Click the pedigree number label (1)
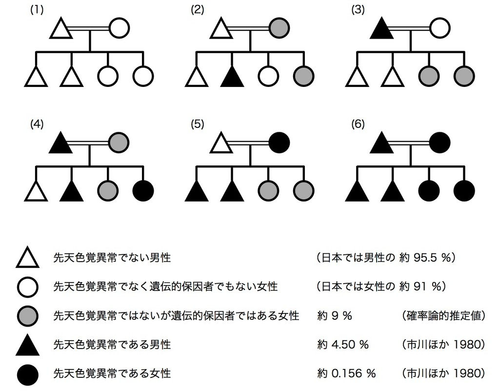37,10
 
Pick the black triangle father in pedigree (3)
382,29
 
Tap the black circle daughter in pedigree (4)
143,190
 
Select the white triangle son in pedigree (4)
36,190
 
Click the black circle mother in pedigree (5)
279,142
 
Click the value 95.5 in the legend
423,257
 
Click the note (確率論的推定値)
443,315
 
